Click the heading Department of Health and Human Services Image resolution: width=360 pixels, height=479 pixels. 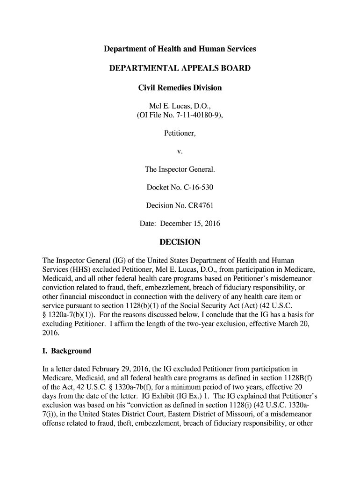[180, 49]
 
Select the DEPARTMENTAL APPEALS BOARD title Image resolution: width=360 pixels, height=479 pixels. [180, 69]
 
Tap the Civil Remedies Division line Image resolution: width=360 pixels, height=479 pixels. [180, 88]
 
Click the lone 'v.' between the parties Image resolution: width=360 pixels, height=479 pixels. [180, 152]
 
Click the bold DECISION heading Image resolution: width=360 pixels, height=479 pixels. [180, 242]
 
